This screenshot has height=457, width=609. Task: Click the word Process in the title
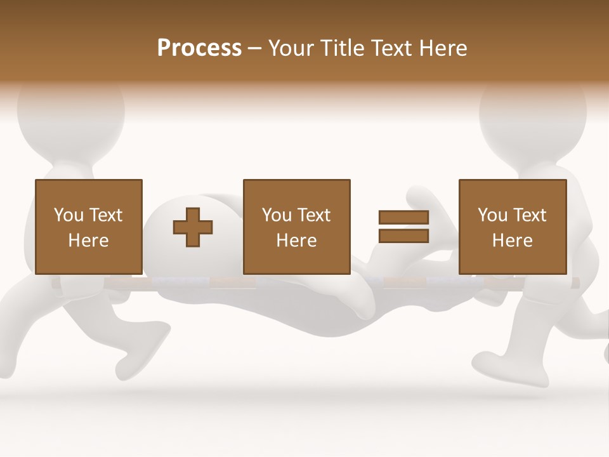(x=199, y=48)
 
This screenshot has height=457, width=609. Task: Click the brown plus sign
(x=193, y=227)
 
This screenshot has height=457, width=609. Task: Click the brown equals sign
(x=403, y=227)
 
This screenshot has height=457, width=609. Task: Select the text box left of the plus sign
(x=88, y=227)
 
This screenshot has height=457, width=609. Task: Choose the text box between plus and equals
(x=296, y=227)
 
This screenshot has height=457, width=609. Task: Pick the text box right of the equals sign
(x=512, y=227)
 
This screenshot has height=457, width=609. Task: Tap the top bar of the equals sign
(x=403, y=218)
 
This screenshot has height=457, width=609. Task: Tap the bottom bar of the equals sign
(x=403, y=235)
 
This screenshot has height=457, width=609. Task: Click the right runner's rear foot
(x=501, y=371)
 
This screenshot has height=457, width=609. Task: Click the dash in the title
(x=254, y=48)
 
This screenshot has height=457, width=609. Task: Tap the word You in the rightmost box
(x=492, y=215)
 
